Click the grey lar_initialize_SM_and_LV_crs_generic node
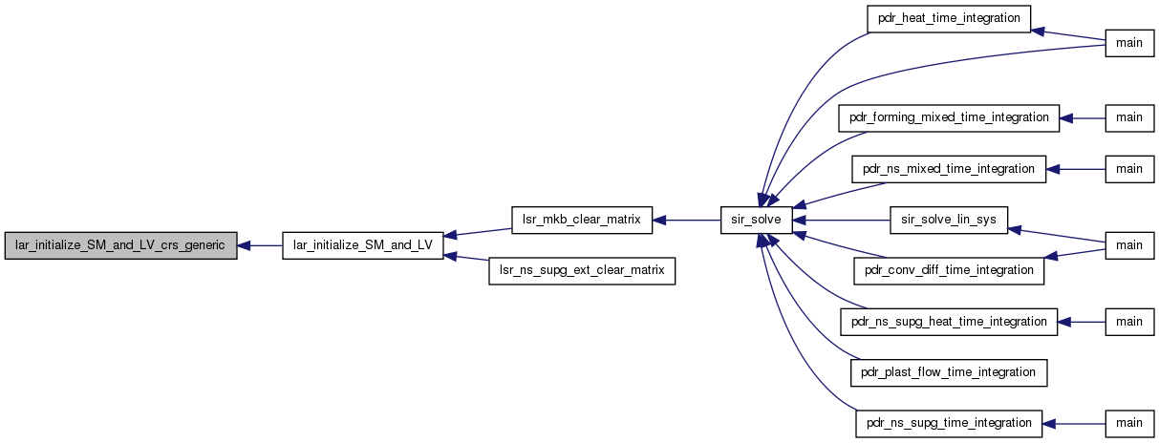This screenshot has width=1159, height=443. click(120, 245)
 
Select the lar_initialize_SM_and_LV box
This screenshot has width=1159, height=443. click(363, 245)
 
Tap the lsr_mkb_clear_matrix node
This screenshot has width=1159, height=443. click(582, 221)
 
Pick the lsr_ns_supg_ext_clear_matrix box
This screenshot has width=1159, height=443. click(582, 271)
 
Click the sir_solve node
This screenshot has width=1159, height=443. click(757, 221)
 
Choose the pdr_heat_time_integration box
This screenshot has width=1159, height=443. click(949, 19)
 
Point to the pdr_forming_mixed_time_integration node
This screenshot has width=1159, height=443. click(949, 118)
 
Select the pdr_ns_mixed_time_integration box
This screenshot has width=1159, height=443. click(949, 169)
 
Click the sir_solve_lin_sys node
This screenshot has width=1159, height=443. click(949, 221)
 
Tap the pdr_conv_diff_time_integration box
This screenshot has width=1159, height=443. click(949, 271)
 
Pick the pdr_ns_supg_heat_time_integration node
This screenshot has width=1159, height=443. click(949, 322)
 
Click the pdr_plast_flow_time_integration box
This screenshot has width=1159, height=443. click(949, 372)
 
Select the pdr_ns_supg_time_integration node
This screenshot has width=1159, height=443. click(949, 424)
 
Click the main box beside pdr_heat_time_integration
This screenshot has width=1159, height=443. click(1129, 43)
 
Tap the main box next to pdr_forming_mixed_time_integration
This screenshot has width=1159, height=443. click(1129, 118)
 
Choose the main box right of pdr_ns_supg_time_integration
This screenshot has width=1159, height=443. click(1129, 424)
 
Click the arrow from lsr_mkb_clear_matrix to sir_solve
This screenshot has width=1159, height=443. click(686, 221)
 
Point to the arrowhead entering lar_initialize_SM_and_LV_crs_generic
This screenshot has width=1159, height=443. click(244, 246)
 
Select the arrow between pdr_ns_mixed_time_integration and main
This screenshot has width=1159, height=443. click(1076, 169)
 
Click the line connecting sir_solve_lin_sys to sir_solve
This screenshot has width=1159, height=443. click(842, 221)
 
